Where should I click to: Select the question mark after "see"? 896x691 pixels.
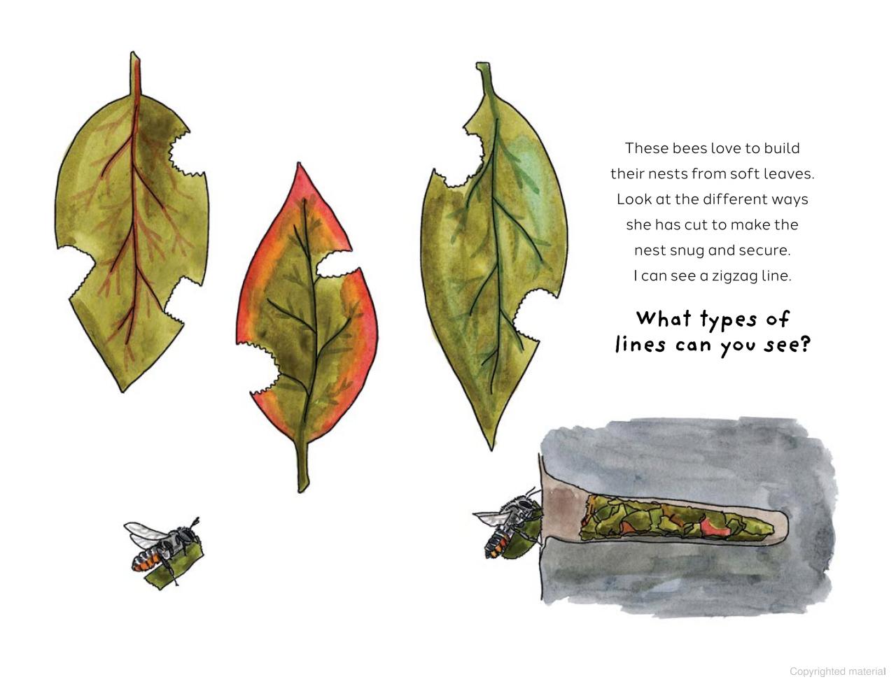pos(805,344)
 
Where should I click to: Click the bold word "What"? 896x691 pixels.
pos(664,319)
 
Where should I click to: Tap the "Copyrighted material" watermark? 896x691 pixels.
pos(837,671)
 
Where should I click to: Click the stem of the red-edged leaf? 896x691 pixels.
pos(303,465)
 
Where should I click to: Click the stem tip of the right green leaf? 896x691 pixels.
pos(483,65)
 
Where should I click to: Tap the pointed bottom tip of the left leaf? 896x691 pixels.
pos(122,391)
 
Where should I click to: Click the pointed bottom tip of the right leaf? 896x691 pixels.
pos(491,449)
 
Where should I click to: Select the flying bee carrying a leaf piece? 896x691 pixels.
pos(163,551)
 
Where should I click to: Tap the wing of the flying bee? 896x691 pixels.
pos(143,534)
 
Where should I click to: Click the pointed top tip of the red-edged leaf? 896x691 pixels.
pos(299,164)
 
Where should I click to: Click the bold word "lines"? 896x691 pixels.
pos(640,344)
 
